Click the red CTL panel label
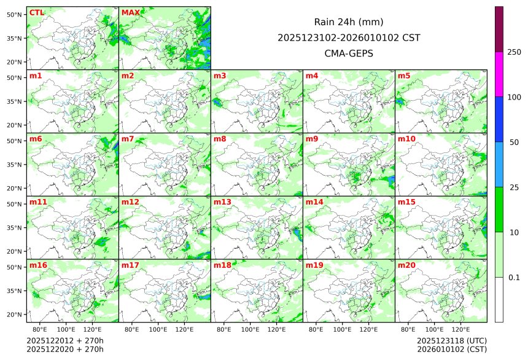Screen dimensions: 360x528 (36, 12)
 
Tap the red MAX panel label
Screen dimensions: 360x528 (130, 12)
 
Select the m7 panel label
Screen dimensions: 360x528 (128, 139)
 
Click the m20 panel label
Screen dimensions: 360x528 (406, 265)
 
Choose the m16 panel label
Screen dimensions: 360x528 (38, 265)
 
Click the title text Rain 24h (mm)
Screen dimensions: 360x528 (349, 22)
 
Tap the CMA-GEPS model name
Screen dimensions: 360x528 (349, 53)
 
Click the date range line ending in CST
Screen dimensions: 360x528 (349, 37)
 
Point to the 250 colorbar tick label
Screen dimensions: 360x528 (514, 52)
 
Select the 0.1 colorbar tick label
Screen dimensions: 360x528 (514, 278)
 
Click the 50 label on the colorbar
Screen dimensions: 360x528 (514, 143)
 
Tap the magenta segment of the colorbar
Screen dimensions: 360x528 (499, 74)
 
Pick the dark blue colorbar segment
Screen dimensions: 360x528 (499, 119)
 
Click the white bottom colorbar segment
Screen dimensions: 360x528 (499, 299)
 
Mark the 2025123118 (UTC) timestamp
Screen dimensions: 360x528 (451, 340)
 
